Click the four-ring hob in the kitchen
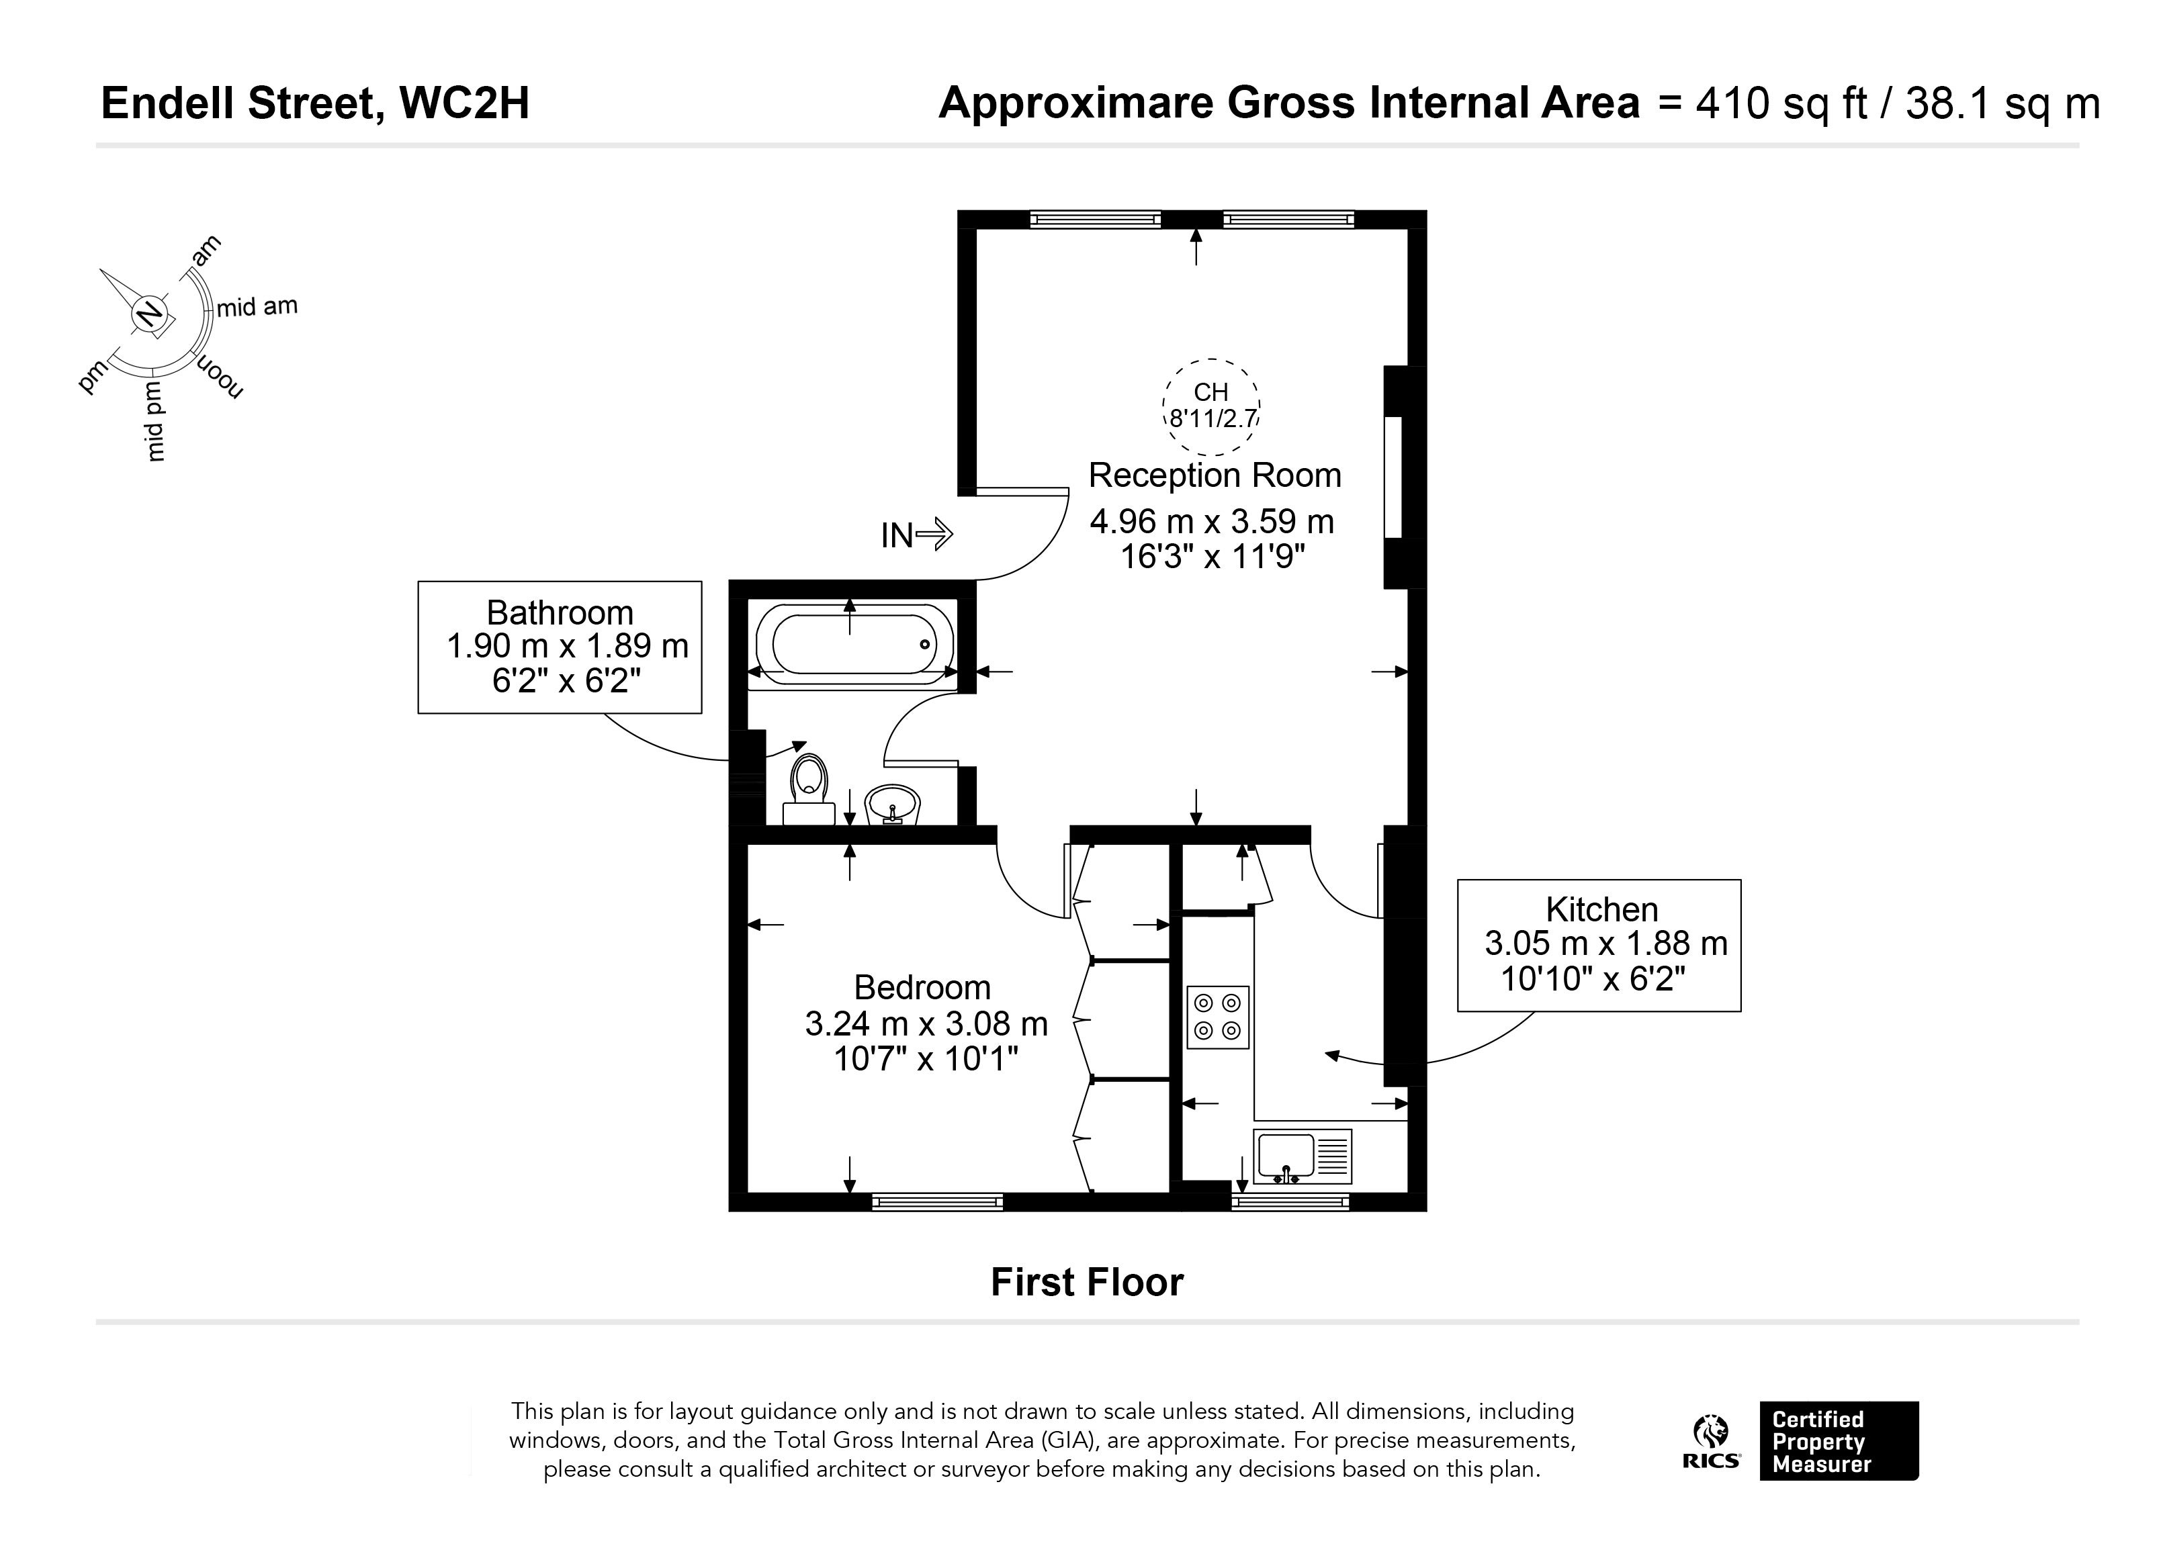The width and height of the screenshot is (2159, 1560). pos(1217,1017)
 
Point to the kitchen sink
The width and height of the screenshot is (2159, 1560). pos(1303,1156)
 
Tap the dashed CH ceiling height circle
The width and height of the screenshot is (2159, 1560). pos(1212,406)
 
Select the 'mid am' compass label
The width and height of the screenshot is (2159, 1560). pos(257,306)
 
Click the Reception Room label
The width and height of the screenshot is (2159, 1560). pos(1215,475)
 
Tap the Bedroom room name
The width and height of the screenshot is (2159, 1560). pos(922,987)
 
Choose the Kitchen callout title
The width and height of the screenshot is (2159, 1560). pos(1601,909)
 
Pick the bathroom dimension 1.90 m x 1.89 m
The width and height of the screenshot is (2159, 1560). pos(568,646)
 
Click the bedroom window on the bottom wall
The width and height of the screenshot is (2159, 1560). pos(938,1202)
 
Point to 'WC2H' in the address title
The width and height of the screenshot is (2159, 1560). pos(465,103)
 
